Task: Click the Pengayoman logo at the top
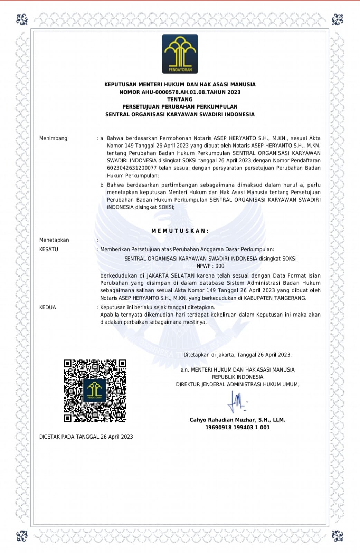pos(180,54)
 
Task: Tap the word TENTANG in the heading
pos(180,99)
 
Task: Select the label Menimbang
pos(53,138)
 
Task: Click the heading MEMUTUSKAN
pos(180,231)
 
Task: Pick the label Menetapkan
pos(54,240)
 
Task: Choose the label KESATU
pos(49,249)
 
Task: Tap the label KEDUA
pos(47,307)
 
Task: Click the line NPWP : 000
pos(210,266)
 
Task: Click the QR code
pos(95,391)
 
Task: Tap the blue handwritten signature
pos(236,401)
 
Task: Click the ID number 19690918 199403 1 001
pos(237,428)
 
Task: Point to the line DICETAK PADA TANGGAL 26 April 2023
pos(86,437)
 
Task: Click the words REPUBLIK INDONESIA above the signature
pos(237,377)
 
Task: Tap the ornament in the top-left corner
pos(22,19)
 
